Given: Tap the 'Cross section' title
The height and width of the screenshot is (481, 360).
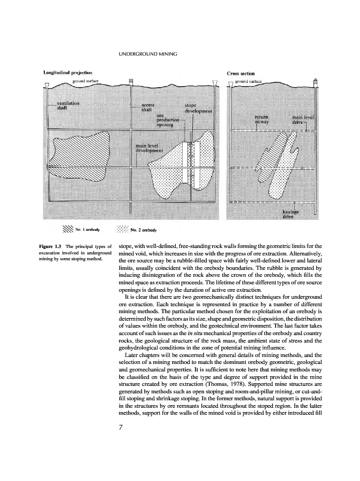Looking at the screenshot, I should click(x=241, y=73).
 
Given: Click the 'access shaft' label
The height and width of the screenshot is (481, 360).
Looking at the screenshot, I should click(x=148, y=107).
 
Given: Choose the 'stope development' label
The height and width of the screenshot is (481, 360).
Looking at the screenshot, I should click(x=198, y=108).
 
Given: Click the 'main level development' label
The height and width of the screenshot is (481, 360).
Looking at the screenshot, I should click(x=152, y=148).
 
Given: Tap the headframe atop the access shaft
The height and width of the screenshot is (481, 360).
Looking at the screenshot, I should click(x=131, y=81).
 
